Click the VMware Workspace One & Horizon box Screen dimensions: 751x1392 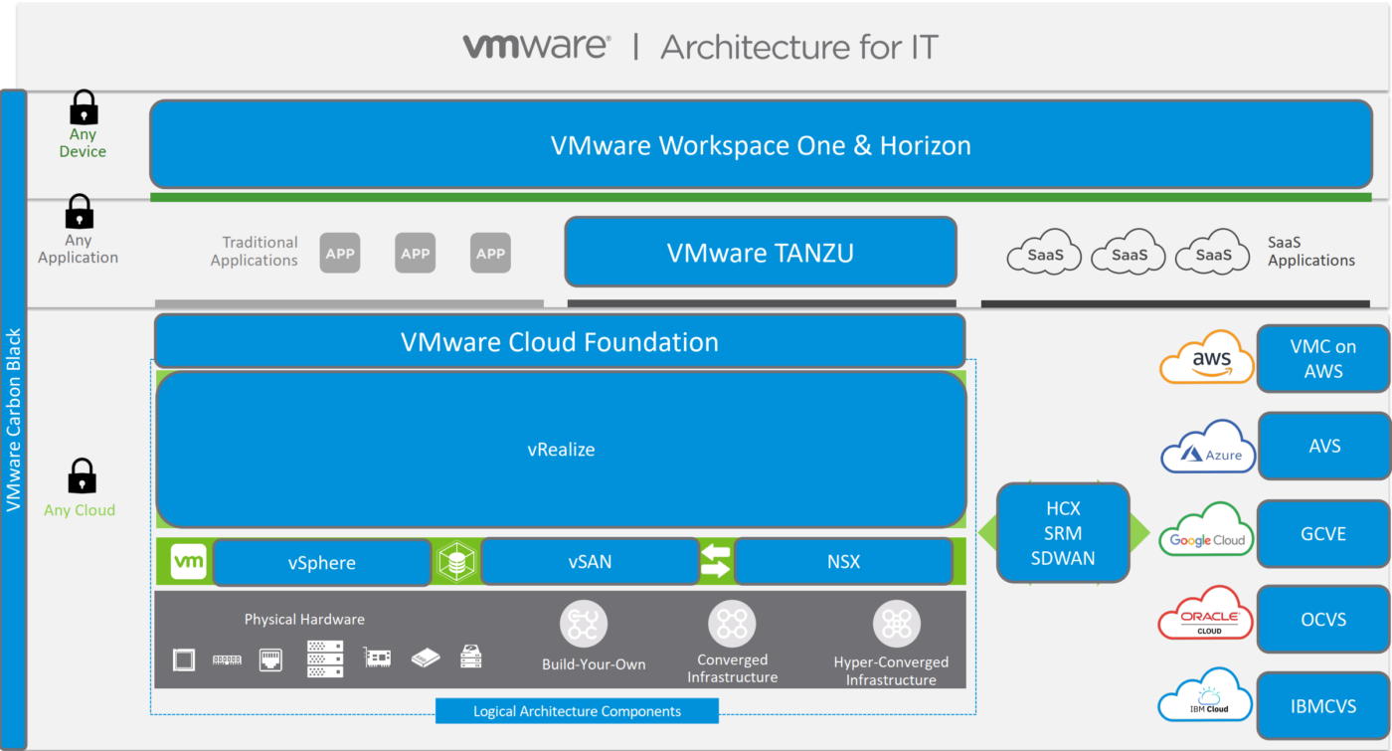(761, 145)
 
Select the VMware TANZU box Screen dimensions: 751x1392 (761, 253)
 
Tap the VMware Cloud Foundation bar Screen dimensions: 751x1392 (559, 342)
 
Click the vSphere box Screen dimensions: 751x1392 (321, 563)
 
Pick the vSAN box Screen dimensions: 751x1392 (590, 562)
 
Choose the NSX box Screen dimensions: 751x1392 (843, 562)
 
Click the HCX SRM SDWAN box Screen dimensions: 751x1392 (1063, 533)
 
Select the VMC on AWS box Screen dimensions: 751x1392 (1322, 359)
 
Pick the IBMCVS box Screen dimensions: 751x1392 (1322, 707)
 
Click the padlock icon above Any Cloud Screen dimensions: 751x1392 (82, 476)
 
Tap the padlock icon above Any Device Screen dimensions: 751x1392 (84, 107)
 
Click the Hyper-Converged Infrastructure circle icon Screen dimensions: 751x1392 (897, 625)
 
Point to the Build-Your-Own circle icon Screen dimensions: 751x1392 (584, 624)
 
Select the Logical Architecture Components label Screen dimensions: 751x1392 (577, 711)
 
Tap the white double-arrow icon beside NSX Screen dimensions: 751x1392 (715, 561)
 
